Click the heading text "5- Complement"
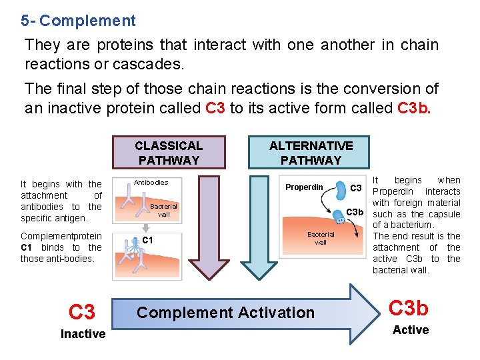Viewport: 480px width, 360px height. pyautogui.click(x=78, y=21)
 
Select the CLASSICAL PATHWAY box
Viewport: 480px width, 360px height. pyautogui.click(x=168, y=153)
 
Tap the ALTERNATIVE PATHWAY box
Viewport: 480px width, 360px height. pyautogui.click(x=311, y=153)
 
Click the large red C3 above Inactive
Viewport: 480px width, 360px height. pyautogui.click(x=82, y=311)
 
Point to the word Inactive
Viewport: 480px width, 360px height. pyautogui.click(x=83, y=334)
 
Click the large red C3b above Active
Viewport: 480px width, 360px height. pyautogui.click(x=408, y=308)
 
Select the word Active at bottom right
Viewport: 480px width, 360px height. pyautogui.click(x=411, y=330)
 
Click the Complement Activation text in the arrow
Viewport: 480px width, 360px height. pyautogui.click(x=225, y=313)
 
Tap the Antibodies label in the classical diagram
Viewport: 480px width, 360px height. pyautogui.click(x=151, y=182)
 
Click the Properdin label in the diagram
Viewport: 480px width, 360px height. pyautogui.click(x=304, y=187)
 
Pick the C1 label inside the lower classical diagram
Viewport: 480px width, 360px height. pyautogui.click(x=148, y=240)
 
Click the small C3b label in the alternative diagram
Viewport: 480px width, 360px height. pyautogui.click(x=355, y=213)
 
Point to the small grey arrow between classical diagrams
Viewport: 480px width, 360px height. pyautogui.click(x=144, y=226)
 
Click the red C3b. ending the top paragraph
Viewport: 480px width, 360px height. pyautogui.click(x=414, y=107)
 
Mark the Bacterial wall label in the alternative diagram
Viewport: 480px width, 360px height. pyautogui.click(x=320, y=238)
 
